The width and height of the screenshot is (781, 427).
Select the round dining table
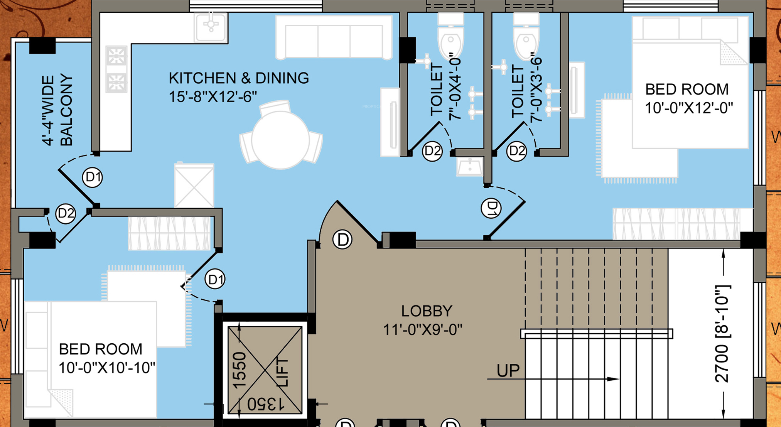click(x=280, y=140)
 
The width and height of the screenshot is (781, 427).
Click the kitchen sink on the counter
click(x=211, y=27)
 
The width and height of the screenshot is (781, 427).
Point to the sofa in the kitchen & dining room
click(x=334, y=37)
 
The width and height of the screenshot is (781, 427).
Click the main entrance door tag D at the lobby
click(x=342, y=240)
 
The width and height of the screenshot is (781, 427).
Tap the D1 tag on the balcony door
click(x=93, y=177)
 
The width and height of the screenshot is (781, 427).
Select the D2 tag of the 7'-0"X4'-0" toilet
click(x=432, y=151)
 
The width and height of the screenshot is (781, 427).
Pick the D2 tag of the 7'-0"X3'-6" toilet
click(x=516, y=151)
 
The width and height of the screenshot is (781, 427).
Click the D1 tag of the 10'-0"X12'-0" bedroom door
click(x=491, y=208)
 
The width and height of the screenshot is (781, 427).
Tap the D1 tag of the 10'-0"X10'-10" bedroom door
click(x=215, y=279)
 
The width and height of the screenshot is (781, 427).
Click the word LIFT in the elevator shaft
click(x=283, y=372)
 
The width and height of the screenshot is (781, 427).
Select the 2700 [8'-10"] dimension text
click(x=722, y=334)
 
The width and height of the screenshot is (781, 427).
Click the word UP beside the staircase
click(x=508, y=371)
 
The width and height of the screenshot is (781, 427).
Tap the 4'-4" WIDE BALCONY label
click(x=57, y=111)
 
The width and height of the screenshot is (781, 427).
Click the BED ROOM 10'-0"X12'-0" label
click(x=689, y=99)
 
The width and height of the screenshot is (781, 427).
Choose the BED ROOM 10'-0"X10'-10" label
click(x=107, y=358)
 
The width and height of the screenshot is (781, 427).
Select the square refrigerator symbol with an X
click(x=194, y=186)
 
